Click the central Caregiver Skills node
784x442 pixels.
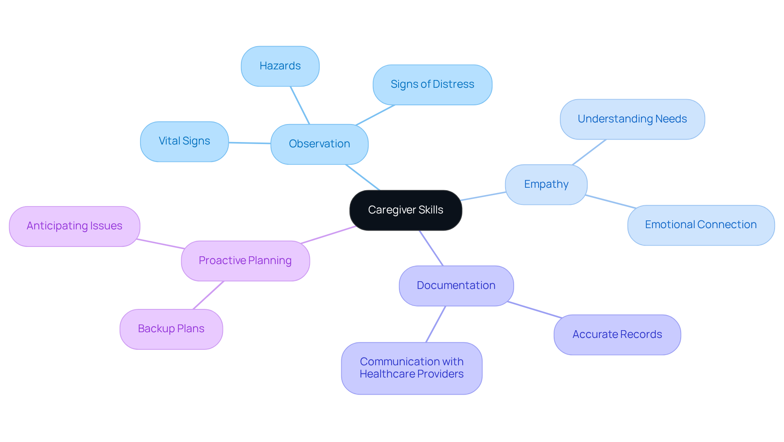click(405, 210)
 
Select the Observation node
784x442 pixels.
click(319, 144)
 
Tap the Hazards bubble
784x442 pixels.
click(280, 66)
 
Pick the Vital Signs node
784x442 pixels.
click(184, 141)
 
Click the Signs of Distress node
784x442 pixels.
click(432, 84)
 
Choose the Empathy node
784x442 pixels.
click(546, 184)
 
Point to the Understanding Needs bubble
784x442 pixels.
click(632, 119)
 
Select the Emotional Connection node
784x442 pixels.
click(701, 225)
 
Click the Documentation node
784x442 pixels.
click(456, 286)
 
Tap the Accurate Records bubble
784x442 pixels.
click(617, 335)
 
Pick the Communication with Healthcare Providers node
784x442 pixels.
click(412, 368)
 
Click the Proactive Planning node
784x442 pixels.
click(245, 261)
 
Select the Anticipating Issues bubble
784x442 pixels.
click(74, 226)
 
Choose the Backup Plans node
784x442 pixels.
click(171, 329)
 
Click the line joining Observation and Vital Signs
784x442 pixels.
click(249, 143)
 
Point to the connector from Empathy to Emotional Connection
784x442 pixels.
click(610, 202)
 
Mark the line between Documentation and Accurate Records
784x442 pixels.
click(535, 310)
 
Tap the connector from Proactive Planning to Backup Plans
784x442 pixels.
click(208, 295)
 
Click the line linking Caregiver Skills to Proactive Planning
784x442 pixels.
click(328, 235)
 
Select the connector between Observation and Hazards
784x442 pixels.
click(300, 105)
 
